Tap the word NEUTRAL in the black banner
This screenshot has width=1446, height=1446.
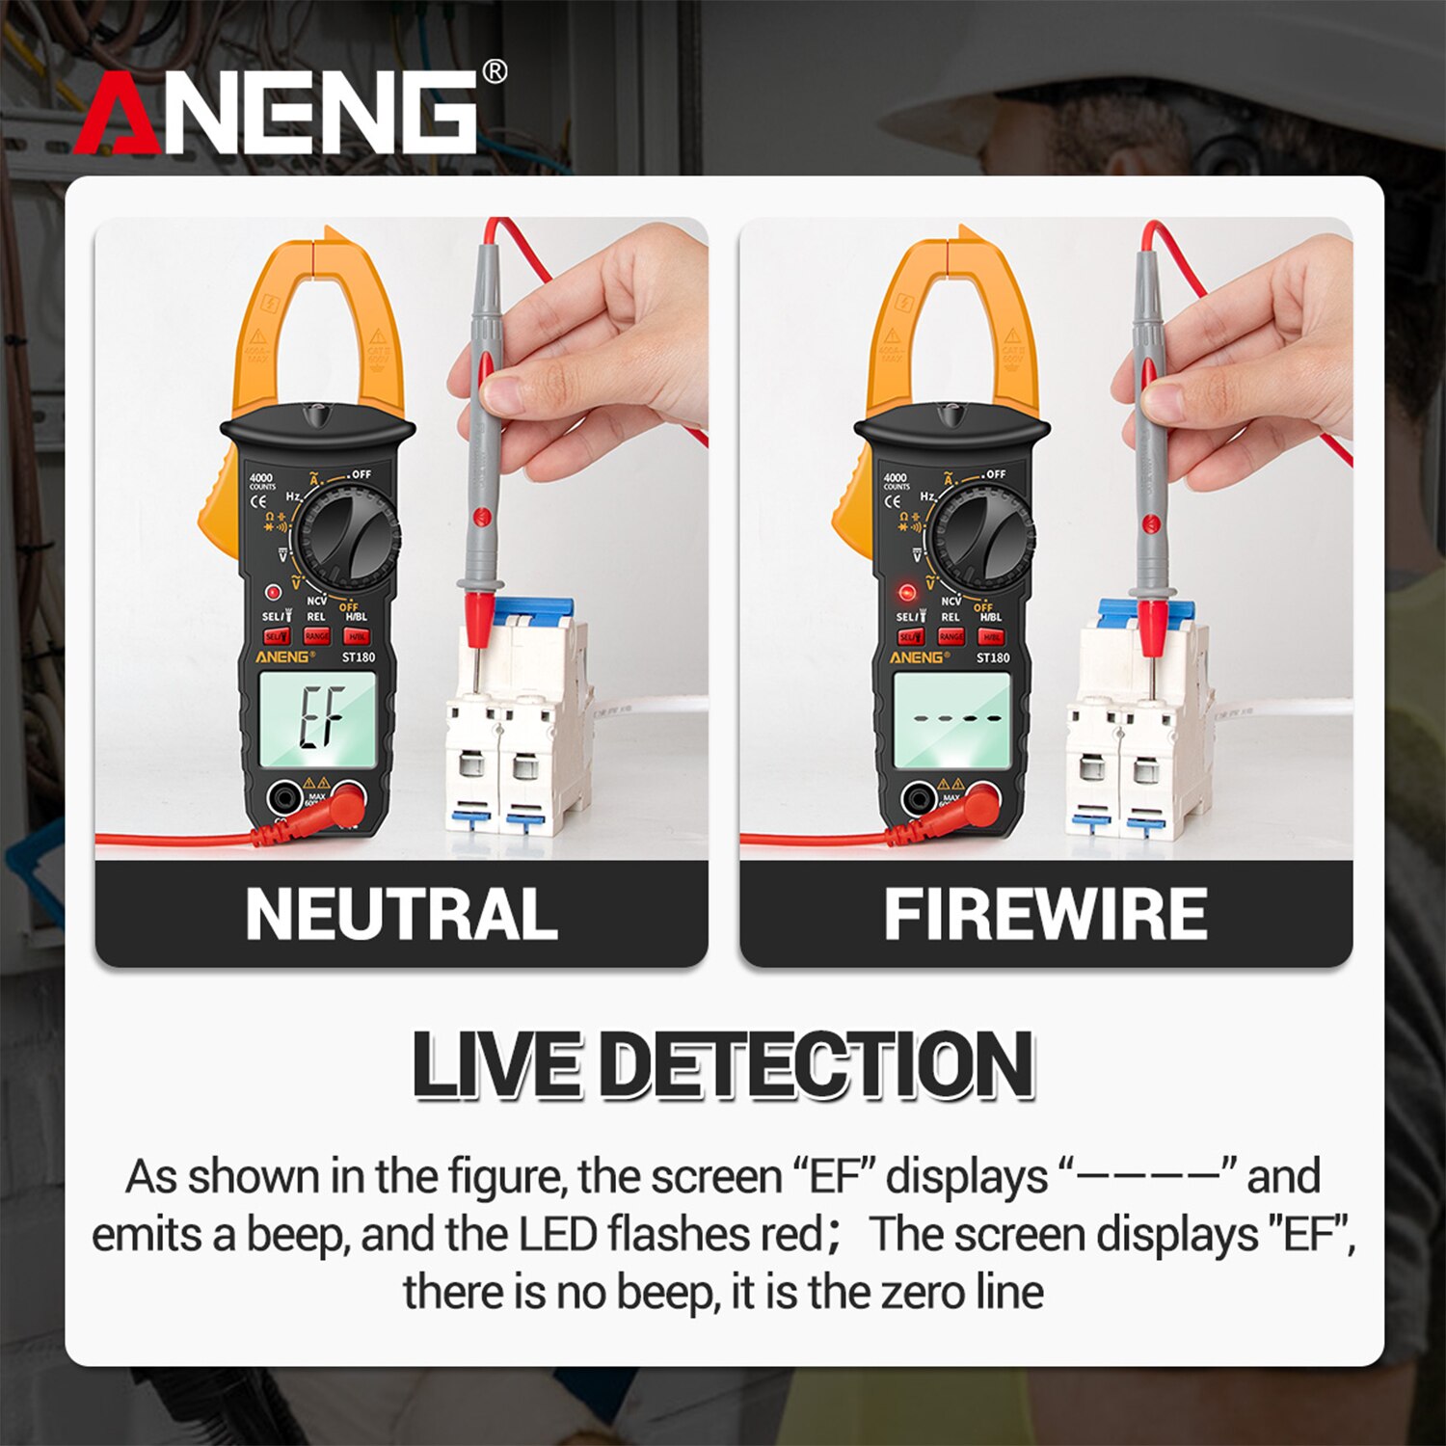pyautogui.click(x=401, y=914)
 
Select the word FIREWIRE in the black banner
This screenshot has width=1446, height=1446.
pyautogui.click(x=1045, y=914)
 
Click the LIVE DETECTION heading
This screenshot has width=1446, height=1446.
pyautogui.click(x=723, y=1064)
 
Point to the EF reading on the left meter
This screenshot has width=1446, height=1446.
pyautogui.click(x=320, y=717)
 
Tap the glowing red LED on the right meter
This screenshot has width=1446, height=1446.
pyautogui.click(x=906, y=592)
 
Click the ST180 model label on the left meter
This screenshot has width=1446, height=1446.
pyautogui.click(x=359, y=657)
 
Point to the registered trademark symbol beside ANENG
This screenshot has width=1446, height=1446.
pyautogui.click(x=494, y=72)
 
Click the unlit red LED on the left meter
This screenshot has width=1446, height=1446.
pyautogui.click(x=273, y=593)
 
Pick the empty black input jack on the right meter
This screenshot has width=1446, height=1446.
pyautogui.click(x=917, y=798)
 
